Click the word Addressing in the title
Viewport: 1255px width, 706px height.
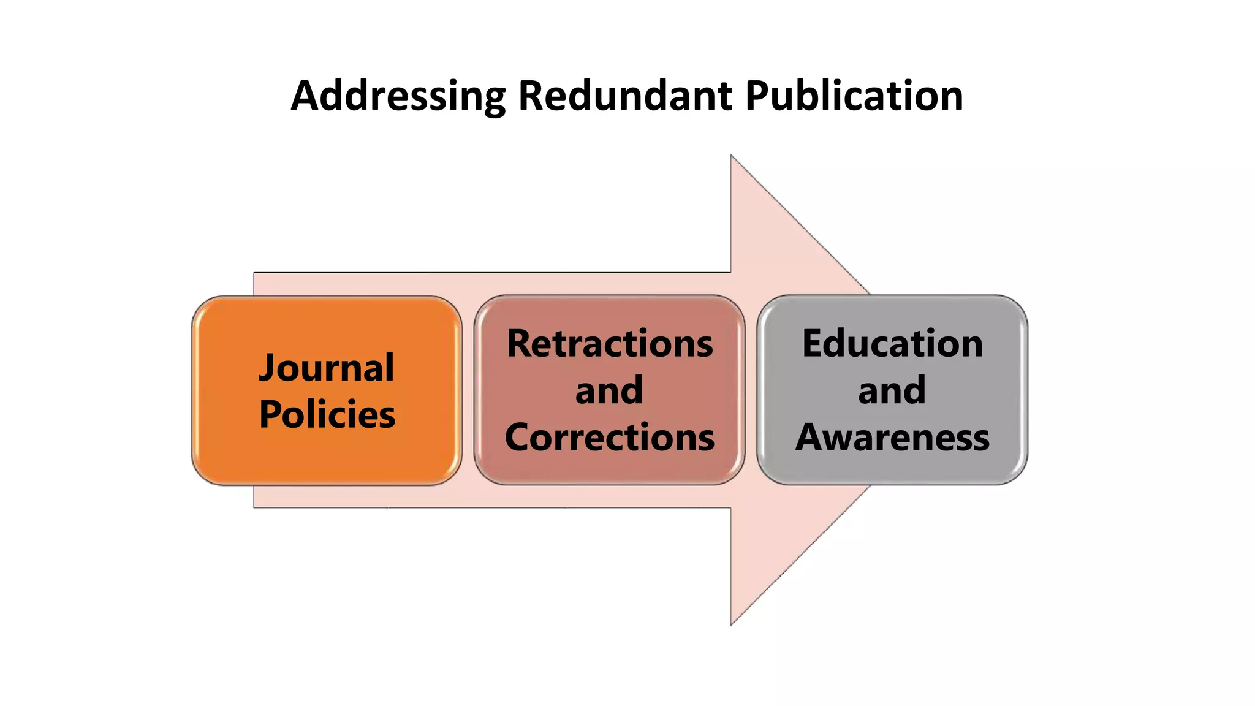(x=398, y=96)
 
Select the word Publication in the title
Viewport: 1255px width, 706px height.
(x=854, y=96)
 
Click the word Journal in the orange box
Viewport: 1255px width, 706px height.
(x=327, y=368)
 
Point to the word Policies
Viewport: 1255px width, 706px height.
(x=327, y=414)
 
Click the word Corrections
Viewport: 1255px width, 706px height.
(x=610, y=438)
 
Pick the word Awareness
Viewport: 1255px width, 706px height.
(x=892, y=438)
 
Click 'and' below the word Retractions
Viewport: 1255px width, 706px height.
(x=609, y=390)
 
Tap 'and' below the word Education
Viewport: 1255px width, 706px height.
(x=892, y=390)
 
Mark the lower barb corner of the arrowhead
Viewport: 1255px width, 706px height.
(x=731, y=624)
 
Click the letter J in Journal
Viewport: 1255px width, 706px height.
(x=268, y=369)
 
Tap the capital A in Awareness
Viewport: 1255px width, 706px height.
(x=811, y=438)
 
